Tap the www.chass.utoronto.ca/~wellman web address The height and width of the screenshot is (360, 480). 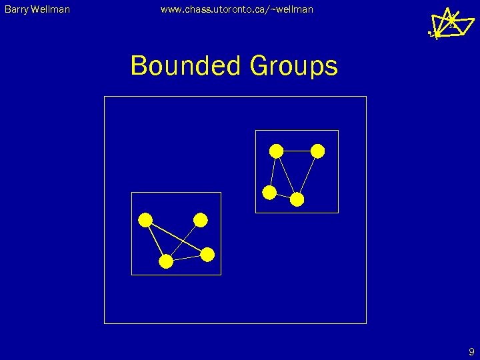click(237, 9)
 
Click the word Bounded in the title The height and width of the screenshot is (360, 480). click(185, 66)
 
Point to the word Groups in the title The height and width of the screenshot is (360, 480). click(293, 66)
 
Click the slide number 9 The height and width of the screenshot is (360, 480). click(471, 352)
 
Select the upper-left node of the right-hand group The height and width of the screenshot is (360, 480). click(275, 151)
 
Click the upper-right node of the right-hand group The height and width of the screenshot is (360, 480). click(318, 151)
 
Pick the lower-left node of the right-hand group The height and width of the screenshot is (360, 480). click(269, 193)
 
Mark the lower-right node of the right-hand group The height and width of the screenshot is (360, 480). click(297, 199)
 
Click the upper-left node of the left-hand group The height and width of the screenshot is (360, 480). click(145, 220)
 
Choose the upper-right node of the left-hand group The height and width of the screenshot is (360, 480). click(201, 220)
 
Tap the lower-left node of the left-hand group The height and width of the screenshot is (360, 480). click(166, 262)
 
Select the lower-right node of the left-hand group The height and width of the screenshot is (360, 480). click(207, 254)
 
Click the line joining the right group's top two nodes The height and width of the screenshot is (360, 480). click(297, 151)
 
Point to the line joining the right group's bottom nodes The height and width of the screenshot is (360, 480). click(283, 196)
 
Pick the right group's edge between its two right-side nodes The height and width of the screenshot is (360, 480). click(308, 175)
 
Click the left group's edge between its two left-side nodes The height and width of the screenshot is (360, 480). click(156, 241)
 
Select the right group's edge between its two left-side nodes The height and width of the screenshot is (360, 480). click(272, 172)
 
